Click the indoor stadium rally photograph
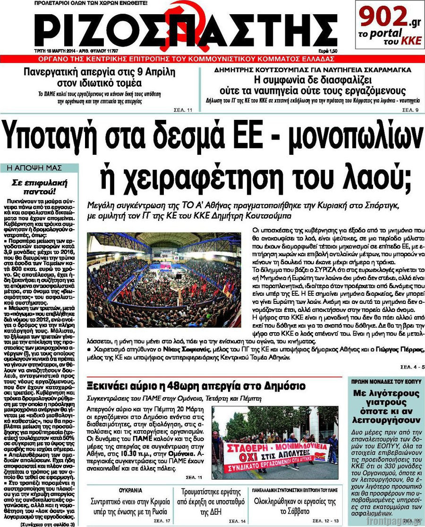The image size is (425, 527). (164, 279)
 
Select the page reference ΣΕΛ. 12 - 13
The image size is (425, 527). (326, 520)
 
